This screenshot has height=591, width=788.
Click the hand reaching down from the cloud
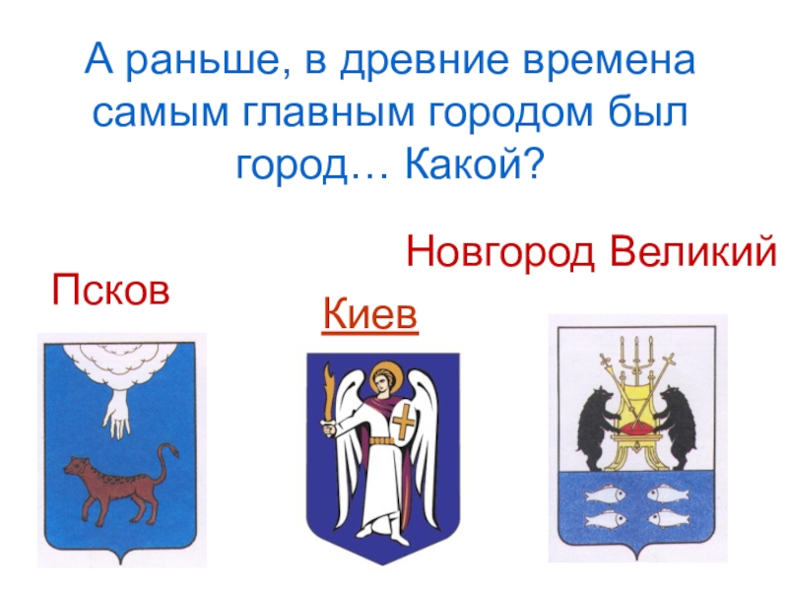[119, 413]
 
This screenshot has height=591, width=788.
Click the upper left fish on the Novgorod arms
[602, 492]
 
